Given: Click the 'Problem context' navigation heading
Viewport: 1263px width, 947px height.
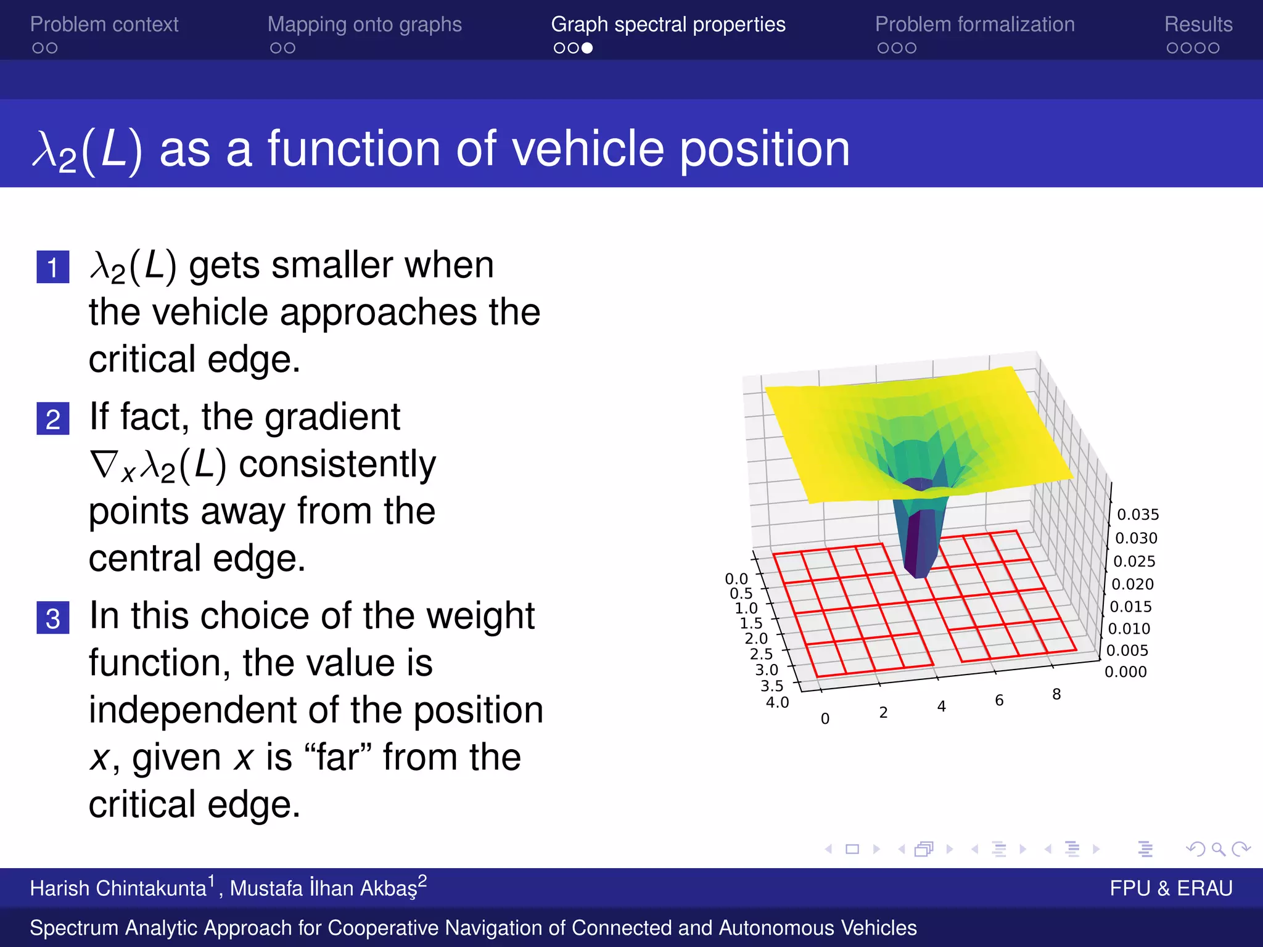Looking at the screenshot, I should click(x=104, y=24).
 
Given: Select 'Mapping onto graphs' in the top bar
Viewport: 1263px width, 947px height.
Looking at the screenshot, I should click(x=364, y=24).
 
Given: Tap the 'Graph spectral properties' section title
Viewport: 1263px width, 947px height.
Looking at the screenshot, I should click(x=668, y=24).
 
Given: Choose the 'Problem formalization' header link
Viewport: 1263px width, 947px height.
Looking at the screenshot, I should click(x=974, y=24).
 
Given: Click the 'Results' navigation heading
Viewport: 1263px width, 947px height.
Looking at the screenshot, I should click(x=1198, y=24).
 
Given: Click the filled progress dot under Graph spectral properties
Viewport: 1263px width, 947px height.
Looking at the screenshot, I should click(x=587, y=48).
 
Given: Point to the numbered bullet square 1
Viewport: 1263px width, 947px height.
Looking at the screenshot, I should click(x=53, y=267).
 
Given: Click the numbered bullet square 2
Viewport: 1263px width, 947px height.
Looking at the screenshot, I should click(x=53, y=419).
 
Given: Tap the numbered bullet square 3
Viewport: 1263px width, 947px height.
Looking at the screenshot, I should click(x=53, y=618).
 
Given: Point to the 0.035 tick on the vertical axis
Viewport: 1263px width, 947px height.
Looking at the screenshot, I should click(x=1138, y=514).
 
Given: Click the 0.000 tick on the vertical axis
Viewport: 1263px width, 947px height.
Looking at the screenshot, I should click(x=1125, y=671).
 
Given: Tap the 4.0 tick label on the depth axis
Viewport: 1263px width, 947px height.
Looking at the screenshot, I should click(x=777, y=702).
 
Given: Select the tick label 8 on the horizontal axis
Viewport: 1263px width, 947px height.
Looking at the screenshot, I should click(x=1056, y=694).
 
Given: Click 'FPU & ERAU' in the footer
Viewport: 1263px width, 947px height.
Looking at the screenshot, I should click(x=1170, y=888).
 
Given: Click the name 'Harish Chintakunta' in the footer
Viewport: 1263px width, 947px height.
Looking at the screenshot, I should click(x=118, y=888).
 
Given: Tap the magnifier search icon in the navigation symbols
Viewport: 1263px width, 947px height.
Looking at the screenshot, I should click(x=1218, y=849).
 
